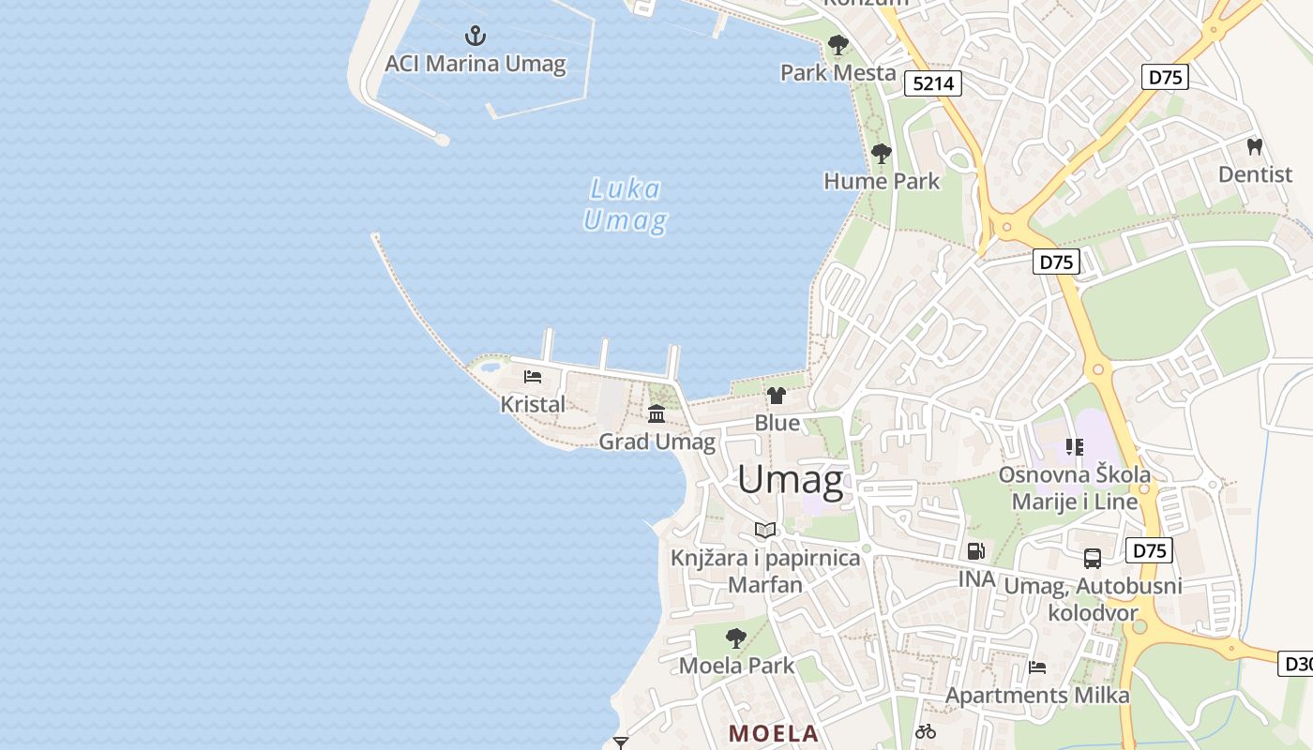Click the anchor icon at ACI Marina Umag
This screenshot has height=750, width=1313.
tap(475, 37)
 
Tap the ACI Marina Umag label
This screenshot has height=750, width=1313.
tap(475, 64)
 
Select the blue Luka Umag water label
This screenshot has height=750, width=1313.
tap(625, 205)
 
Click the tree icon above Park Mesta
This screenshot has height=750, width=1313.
tap(838, 45)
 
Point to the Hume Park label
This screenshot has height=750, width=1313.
tap(881, 181)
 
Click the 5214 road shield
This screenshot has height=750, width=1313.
tap(933, 83)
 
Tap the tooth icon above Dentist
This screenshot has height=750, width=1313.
tap(1255, 147)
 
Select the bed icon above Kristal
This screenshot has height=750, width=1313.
tap(533, 377)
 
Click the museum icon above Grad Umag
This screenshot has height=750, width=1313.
tap(656, 413)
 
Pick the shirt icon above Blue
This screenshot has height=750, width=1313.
tap(777, 396)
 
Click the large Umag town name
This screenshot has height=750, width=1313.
tap(790, 480)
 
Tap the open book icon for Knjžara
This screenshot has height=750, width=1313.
tap(765, 531)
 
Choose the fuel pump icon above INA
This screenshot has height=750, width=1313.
tap(976, 551)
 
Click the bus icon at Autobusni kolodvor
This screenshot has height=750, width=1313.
tap(1093, 559)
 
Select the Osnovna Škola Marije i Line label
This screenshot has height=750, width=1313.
tap(1075, 487)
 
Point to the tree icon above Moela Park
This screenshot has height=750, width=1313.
tap(736, 638)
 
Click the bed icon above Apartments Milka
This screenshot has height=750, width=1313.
tap(1037, 667)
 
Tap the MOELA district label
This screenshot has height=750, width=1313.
tap(774, 733)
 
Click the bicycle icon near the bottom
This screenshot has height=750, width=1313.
tap(926, 731)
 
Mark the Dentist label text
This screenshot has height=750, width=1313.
tap(1255, 174)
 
